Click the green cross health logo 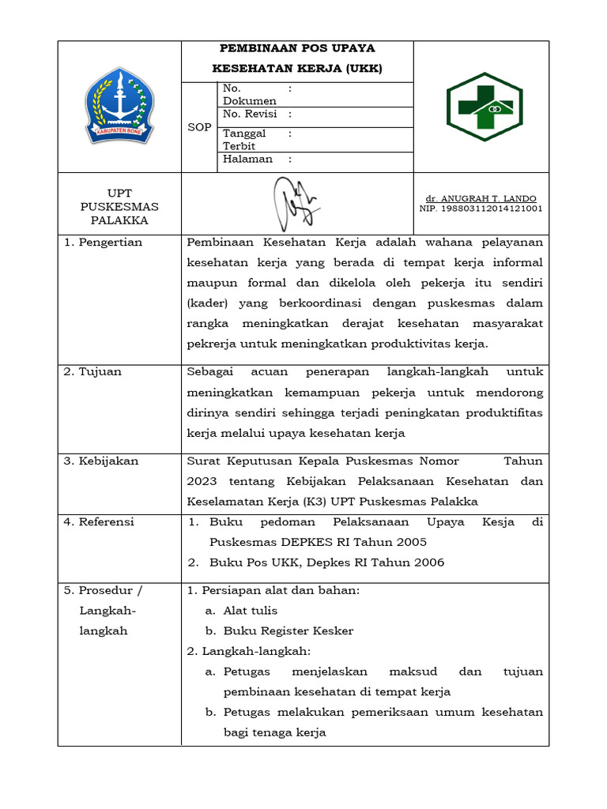click(x=480, y=107)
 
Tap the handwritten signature click(x=296, y=205)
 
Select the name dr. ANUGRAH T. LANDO click(x=481, y=198)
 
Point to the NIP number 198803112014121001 click(x=481, y=209)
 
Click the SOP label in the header click(x=198, y=127)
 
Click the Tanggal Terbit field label click(x=244, y=140)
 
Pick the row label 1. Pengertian click(x=103, y=243)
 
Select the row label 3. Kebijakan click(x=100, y=461)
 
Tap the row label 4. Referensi click(x=99, y=522)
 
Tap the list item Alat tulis click(x=251, y=611)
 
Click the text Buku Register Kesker click(x=288, y=631)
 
